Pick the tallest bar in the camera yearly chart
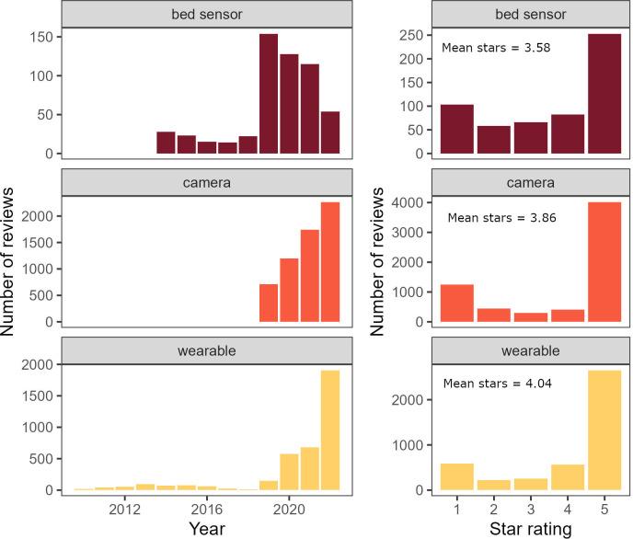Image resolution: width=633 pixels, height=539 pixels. (x=330, y=262)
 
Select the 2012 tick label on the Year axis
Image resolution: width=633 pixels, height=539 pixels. (x=124, y=508)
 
